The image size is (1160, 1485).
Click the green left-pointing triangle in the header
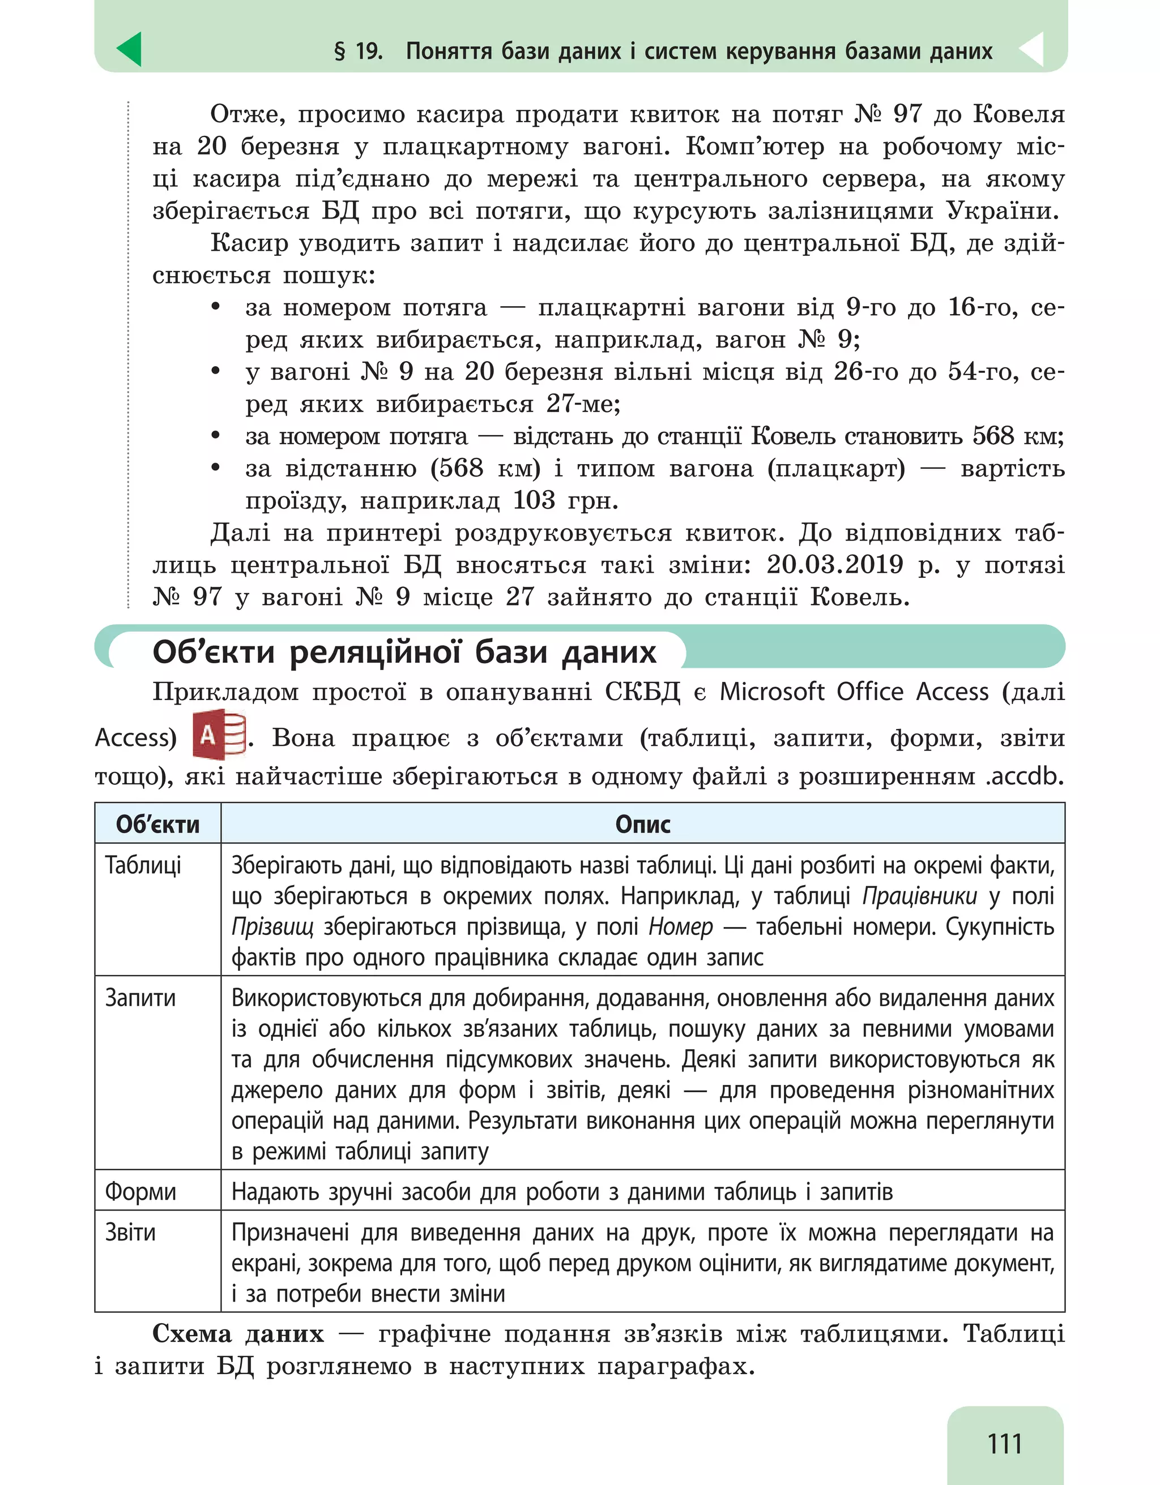130,50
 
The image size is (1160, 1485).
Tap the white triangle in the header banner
1033,50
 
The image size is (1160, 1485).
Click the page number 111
1004,1443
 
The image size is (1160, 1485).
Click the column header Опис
642,824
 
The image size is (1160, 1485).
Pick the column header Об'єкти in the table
158,824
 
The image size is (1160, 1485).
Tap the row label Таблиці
143,865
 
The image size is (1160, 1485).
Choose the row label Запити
140,998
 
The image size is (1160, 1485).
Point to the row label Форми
140,1192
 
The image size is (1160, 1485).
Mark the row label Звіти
131,1232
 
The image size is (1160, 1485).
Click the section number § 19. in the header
359,51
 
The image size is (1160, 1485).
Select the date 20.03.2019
835,564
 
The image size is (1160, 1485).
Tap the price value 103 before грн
534,500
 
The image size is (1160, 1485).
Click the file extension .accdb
1025,776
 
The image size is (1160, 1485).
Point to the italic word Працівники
919,896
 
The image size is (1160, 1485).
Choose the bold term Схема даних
238,1334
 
